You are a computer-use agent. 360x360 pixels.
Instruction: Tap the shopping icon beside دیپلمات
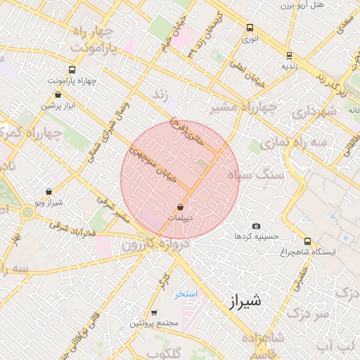click(181, 207)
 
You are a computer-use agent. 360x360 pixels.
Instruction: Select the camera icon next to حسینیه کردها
click(256, 226)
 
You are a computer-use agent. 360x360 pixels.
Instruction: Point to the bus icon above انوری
click(250, 28)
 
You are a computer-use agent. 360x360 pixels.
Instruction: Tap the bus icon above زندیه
click(289, 55)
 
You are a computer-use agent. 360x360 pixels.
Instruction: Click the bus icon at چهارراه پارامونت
click(72, 70)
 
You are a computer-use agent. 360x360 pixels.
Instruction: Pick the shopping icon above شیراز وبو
click(48, 191)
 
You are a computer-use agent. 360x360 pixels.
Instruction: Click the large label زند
click(162, 94)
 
